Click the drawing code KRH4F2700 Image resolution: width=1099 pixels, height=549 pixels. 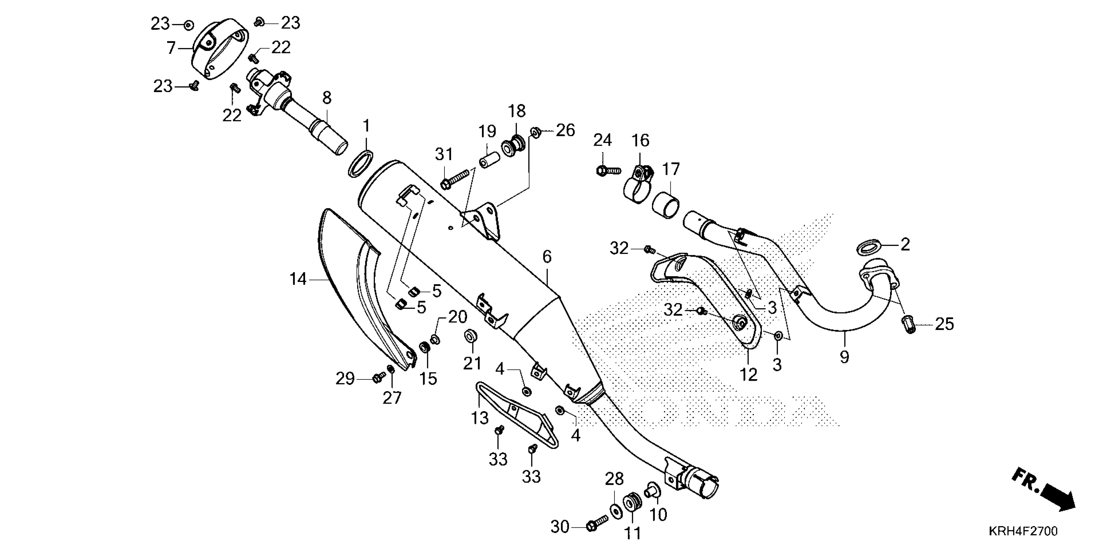[x=1023, y=531]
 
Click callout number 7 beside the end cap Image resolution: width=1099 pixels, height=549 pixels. [x=171, y=48]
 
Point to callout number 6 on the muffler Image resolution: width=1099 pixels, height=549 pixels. [x=547, y=257]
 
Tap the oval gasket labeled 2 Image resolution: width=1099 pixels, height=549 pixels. [x=869, y=247]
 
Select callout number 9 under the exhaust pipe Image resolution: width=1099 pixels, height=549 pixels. [x=844, y=357]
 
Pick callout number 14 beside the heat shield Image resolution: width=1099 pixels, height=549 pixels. [x=298, y=280]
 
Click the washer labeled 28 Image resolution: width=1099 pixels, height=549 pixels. [x=616, y=511]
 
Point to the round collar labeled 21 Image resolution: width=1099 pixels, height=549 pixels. [x=471, y=336]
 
